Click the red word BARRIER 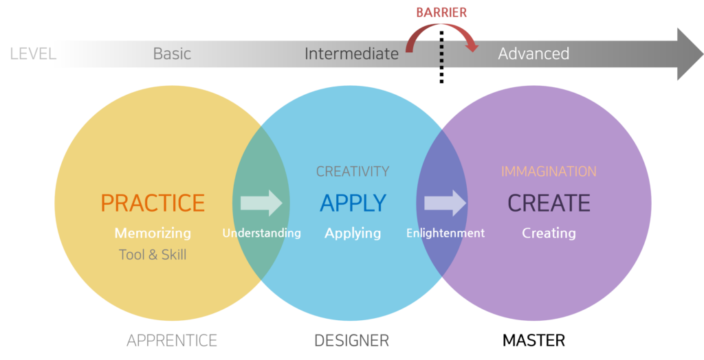pos(442,12)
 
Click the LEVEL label pos(32,54)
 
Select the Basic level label pos(172,54)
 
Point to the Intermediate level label pos(351,54)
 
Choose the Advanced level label pos(533,54)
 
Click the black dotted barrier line pos(441,55)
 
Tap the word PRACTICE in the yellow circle pos(153,203)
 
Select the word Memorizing pos(153,233)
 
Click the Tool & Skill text pos(153,255)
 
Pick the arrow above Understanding pos(261,203)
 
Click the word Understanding pos(261,233)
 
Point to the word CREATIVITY pos(353,172)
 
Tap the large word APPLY pos(353,203)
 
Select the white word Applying pos(353,233)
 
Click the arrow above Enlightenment pos(445,203)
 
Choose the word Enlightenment pos(445,233)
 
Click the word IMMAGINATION pos(549,172)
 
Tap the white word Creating pos(549,233)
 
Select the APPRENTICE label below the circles pos(172,340)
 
